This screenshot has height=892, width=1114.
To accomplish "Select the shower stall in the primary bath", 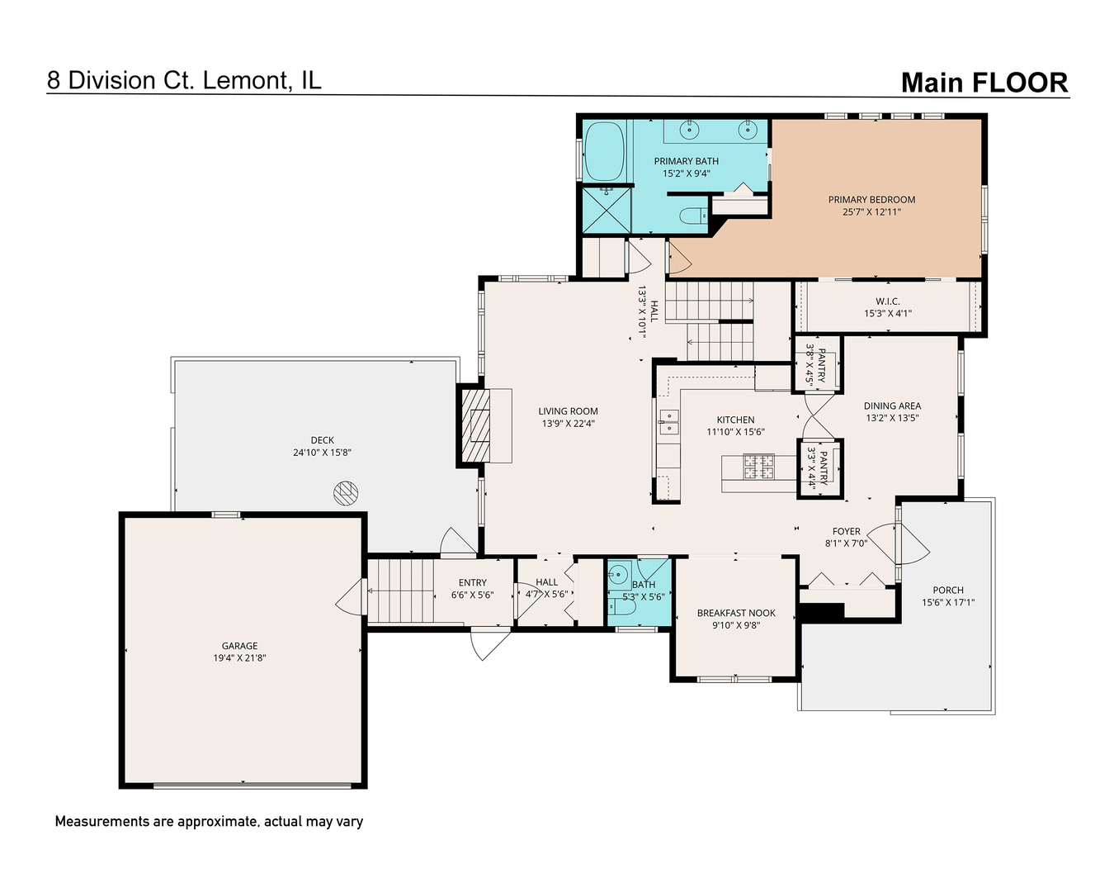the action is (x=607, y=211).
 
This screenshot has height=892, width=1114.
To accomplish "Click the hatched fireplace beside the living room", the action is (x=475, y=425).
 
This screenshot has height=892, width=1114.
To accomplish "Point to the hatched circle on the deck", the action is (x=346, y=492).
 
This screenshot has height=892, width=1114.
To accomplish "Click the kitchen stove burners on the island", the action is (x=759, y=466).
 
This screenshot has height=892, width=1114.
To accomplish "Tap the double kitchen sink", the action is (x=668, y=421).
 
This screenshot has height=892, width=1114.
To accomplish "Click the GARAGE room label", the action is (x=239, y=646).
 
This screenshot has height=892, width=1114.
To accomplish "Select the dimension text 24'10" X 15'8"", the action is (x=322, y=453).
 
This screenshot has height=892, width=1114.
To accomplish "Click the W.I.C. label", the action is (x=888, y=301).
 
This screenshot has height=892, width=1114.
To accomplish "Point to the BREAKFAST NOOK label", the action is (x=736, y=613).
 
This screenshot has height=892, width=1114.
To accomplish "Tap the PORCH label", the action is (x=948, y=590).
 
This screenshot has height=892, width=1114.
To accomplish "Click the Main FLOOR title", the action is (x=984, y=83).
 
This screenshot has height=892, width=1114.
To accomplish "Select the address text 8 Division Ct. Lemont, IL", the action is (x=184, y=80).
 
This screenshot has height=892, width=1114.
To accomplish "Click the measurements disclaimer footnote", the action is (x=209, y=822).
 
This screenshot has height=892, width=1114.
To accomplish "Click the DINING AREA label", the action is (x=893, y=406).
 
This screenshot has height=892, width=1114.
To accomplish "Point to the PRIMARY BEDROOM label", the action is (x=871, y=200).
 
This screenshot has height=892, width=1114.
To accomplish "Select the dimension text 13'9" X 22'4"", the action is (x=569, y=424).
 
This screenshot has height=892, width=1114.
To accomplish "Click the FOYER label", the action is (x=847, y=531).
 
